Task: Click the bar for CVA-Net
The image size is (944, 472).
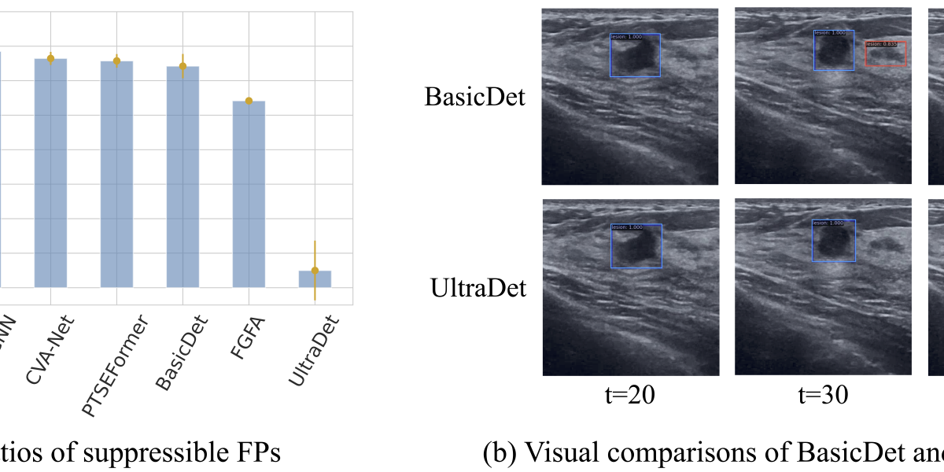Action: click(50, 173)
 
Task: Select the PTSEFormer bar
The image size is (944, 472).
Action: click(116, 175)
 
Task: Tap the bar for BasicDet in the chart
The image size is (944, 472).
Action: click(183, 177)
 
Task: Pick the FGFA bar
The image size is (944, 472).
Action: click(249, 194)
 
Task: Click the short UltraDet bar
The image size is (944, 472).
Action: click(315, 279)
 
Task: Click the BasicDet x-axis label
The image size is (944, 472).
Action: click(176, 351)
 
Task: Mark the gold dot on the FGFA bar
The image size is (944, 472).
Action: click(249, 101)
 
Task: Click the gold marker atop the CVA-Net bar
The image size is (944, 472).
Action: click(50, 58)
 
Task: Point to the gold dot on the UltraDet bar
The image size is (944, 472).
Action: click(315, 271)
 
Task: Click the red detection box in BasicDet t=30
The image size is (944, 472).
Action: click(886, 53)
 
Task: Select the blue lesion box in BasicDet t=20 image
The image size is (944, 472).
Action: click(635, 55)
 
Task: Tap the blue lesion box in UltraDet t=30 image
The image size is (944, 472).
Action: click(833, 241)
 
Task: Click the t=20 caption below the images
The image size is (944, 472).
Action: click(631, 395)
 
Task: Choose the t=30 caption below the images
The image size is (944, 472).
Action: click(823, 395)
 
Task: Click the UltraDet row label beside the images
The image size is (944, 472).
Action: click(478, 289)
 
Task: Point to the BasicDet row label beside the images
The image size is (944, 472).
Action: click(474, 98)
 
